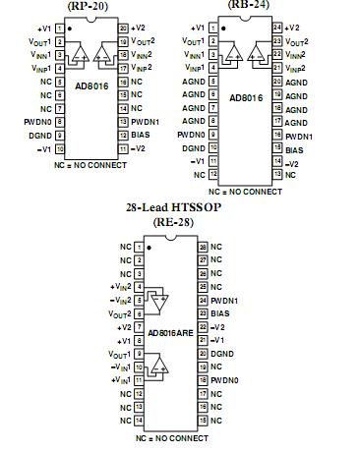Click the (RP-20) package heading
[x=88, y=5]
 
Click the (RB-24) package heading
[x=265, y=4]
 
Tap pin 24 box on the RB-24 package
[x=276, y=28]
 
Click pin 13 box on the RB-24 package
[x=276, y=174]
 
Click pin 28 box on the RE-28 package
[x=201, y=246]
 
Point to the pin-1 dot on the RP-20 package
[x=71, y=28]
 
